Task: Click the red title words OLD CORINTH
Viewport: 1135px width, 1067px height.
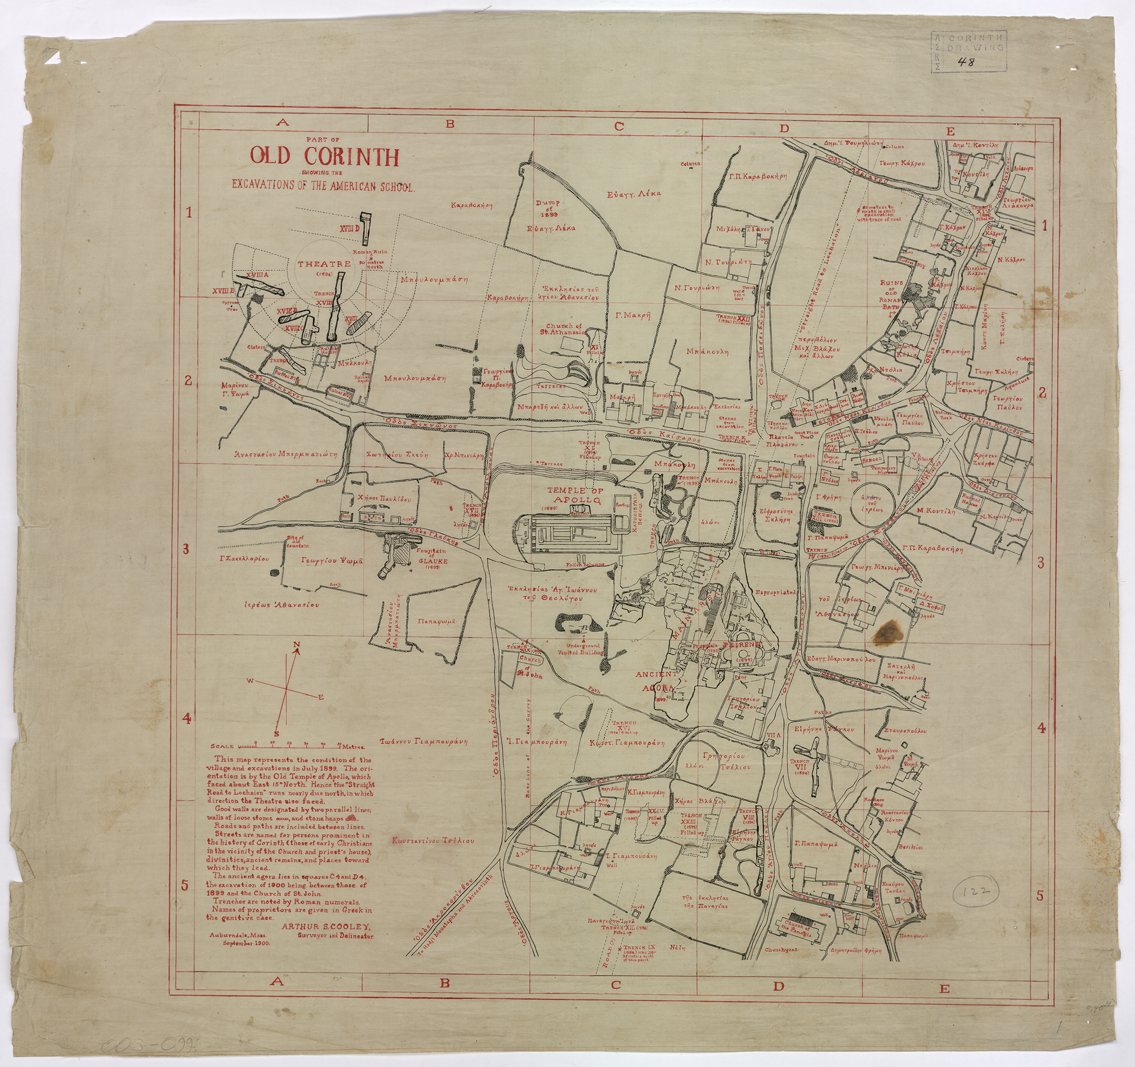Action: tap(323, 157)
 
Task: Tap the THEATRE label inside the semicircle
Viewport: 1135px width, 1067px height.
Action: tap(324, 264)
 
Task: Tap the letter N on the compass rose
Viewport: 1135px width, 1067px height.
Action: tap(296, 646)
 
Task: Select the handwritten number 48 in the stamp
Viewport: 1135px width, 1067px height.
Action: tap(969, 62)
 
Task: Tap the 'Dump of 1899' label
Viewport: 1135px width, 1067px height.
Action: tap(548, 208)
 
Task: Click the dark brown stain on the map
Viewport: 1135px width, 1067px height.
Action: tap(887, 631)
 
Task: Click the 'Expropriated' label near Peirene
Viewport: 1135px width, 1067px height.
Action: tap(775, 593)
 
